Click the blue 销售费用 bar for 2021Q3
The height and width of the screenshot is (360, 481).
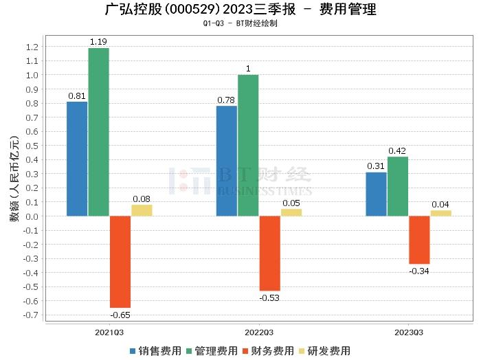[x=77, y=159]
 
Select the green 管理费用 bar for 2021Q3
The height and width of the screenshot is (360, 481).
[x=98, y=132]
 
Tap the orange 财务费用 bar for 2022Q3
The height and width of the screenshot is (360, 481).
[x=269, y=254]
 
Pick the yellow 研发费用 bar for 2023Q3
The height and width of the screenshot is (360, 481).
[x=440, y=213]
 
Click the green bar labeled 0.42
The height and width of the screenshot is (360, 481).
[x=398, y=186]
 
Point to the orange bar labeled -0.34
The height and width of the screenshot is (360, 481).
[x=419, y=240]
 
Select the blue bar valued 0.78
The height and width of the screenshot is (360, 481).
[x=227, y=161]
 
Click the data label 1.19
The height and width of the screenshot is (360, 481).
[x=99, y=42]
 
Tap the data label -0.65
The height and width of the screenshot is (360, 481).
[x=120, y=315]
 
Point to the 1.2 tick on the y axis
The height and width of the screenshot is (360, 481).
[x=32, y=47]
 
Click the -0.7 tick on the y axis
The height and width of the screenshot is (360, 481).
[x=30, y=315]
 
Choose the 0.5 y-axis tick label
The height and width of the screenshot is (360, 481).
[x=32, y=146]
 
